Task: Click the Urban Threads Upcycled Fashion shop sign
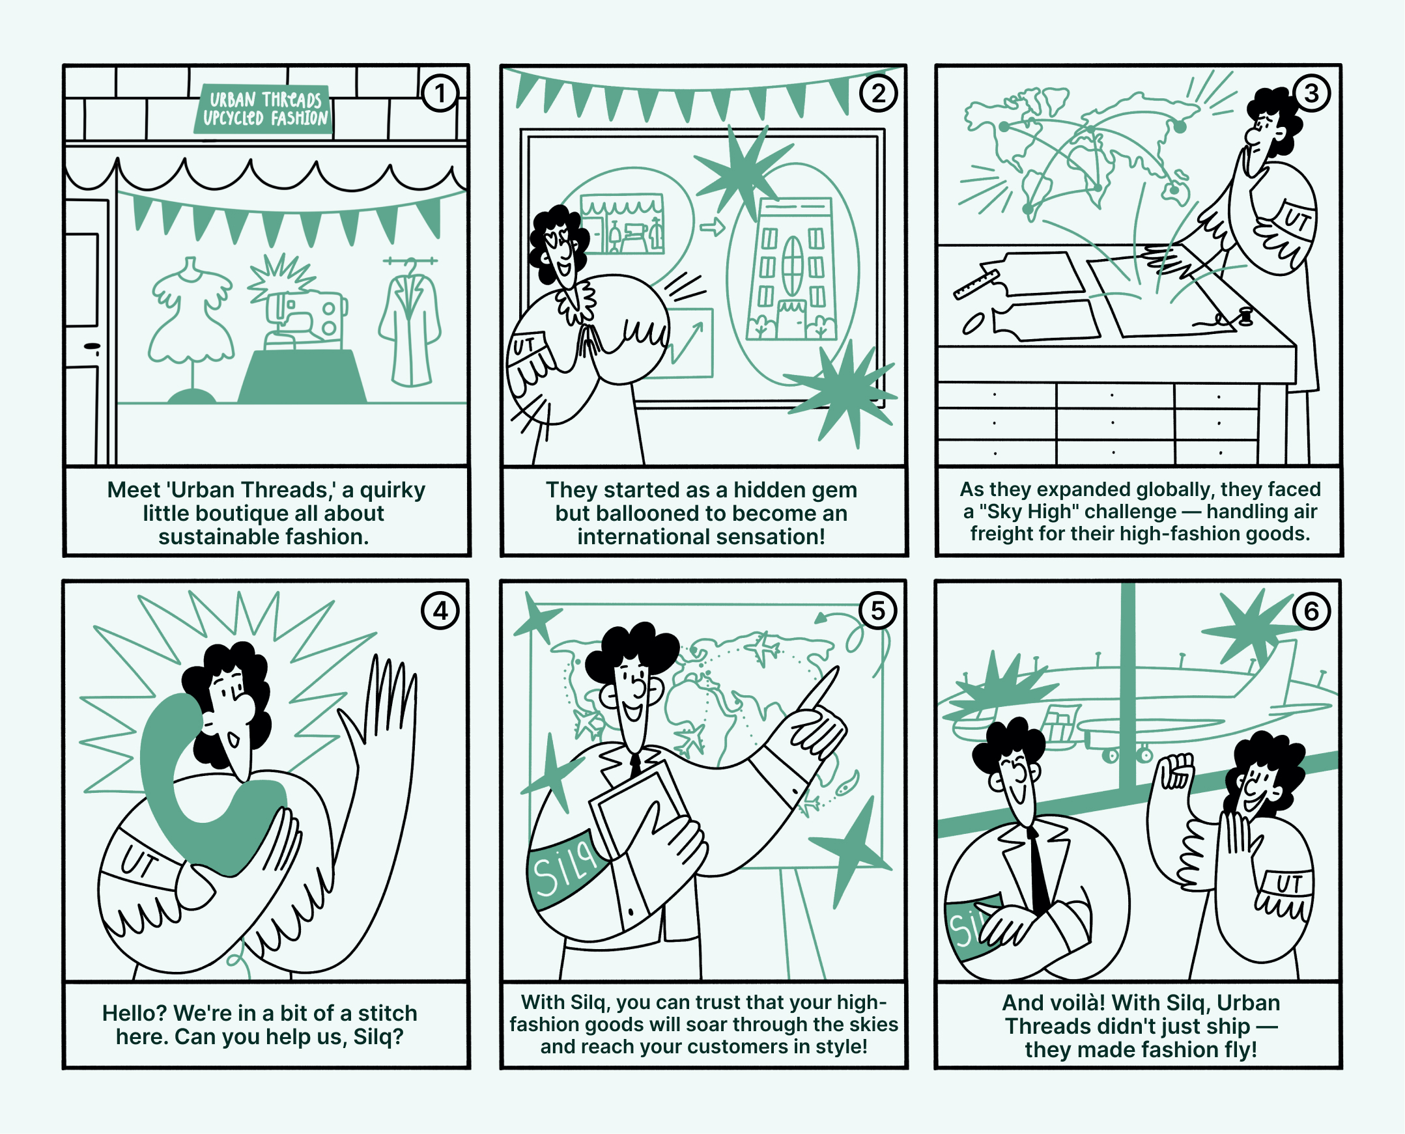pos(264,109)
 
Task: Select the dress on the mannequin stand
pos(191,314)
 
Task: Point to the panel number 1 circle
pos(440,93)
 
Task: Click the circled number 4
pos(440,611)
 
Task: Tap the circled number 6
pos(1312,611)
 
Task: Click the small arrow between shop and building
pos(713,227)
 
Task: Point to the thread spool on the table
pos(1245,316)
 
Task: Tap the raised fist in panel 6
pos(1174,771)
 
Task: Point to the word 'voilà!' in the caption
pos(1069,1003)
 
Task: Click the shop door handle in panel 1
pos(92,347)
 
